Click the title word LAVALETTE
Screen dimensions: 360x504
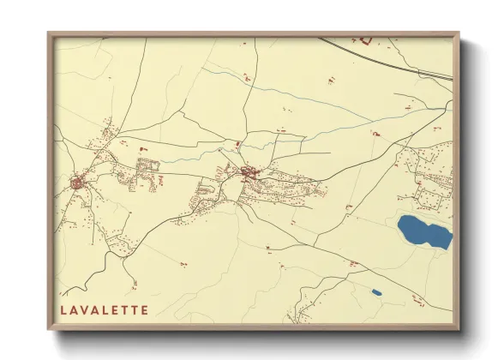(x=104, y=310)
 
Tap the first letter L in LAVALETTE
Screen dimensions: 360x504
(x=63, y=310)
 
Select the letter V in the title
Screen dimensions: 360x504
(x=84, y=310)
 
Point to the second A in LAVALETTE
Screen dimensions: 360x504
(x=94, y=310)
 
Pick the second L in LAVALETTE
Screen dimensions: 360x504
(x=105, y=310)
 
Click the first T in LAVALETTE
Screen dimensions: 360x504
(x=124, y=310)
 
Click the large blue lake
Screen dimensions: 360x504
(x=423, y=231)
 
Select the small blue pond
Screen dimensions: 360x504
(x=376, y=292)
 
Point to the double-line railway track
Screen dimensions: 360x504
(x=386, y=58)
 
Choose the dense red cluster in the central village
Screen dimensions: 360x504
(x=250, y=174)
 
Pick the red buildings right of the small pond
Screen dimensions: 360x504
(x=417, y=299)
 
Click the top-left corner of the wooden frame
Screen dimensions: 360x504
(x=49, y=33)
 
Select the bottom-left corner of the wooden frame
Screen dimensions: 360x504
(x=49, y=330)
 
